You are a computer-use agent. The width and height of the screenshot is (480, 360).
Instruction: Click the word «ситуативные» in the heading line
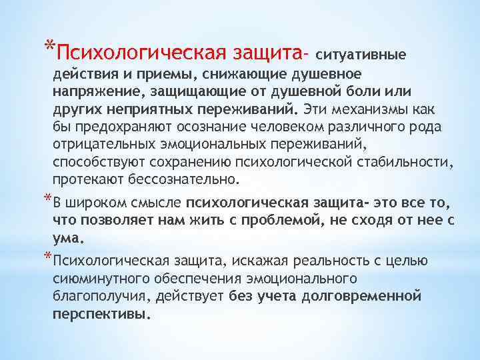pos(370,51)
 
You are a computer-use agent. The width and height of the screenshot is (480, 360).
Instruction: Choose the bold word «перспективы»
pos(101,313)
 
